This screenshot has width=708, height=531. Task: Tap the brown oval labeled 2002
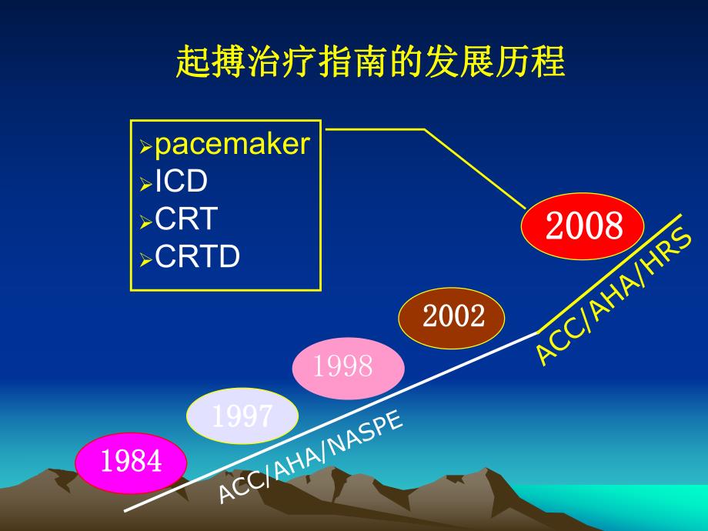(x=452, y=316)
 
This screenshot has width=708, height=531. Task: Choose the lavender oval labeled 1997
(x=242, y=416)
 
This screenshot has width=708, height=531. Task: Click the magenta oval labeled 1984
(x=131, y=462)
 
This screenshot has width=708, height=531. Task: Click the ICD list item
(x=182, y=182)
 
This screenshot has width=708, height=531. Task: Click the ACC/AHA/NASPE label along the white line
(x=310, y=458)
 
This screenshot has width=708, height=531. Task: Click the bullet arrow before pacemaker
(x=145, y=147)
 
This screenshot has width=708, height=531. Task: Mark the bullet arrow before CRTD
(x=145, y=260)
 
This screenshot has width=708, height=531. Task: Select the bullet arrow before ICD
(x=145, y=185)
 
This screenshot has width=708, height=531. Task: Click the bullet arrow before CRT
(x=145, y=222)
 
